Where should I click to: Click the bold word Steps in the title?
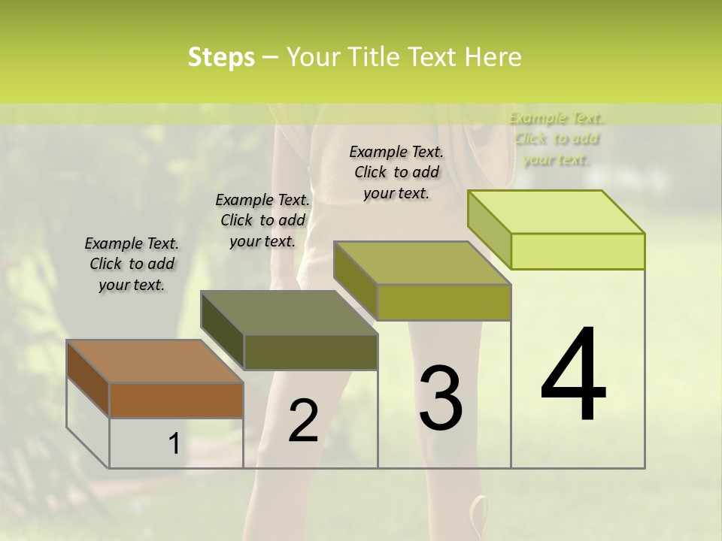coord(221,57)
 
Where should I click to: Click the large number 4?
coord(573,375)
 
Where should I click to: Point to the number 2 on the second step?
coord(303,420)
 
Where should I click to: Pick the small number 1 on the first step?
coord(174,444)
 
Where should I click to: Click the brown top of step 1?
coord(154,361)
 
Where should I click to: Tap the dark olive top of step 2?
coord(289,313)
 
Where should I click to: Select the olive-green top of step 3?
coord(422,263)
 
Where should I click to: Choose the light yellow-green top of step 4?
coord(556,212)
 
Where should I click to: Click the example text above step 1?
coord(132,264)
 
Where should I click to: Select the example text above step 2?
coord(262,220)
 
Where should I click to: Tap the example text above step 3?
coord(396,172)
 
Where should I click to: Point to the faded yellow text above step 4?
coord(557,139)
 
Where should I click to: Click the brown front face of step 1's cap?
coord(176,400)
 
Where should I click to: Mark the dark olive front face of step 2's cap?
coord(311,352)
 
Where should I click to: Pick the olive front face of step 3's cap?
coord(444,302)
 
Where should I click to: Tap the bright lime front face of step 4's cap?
coord(578,251)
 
